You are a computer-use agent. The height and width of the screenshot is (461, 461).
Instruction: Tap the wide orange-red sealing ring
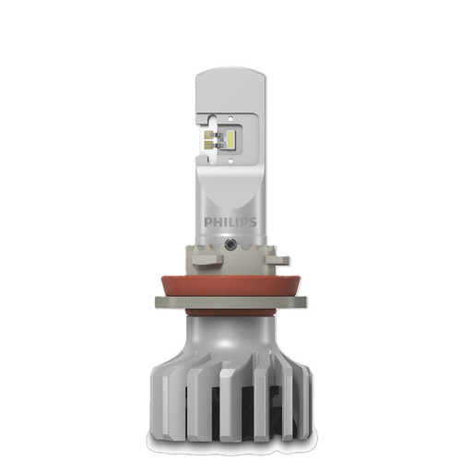click(x=230, y=275)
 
